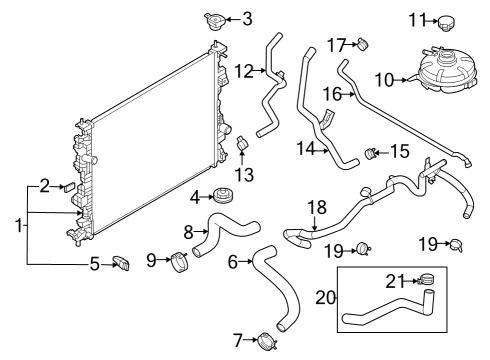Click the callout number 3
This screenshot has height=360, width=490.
tap(247, 18)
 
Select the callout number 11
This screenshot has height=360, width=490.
tap(417, 18)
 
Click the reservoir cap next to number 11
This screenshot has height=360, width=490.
tap(446, 20)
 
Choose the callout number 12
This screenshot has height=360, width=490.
tap(243, 70)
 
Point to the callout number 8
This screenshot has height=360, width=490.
tap(189, 232)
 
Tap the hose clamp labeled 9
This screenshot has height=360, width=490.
tap(180, 263)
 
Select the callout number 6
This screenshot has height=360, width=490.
tap(232, 262)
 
